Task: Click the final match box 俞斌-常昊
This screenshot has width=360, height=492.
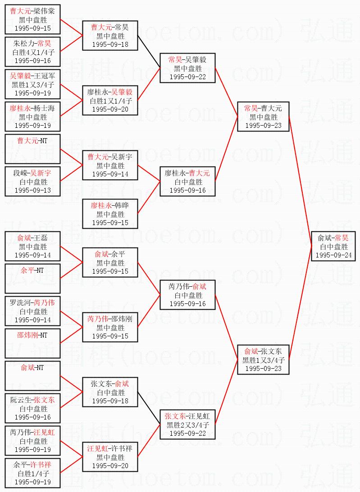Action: coord(333,246)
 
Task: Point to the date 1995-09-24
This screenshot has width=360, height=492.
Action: coord(333,255)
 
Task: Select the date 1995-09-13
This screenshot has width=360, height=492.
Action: coord(33,190)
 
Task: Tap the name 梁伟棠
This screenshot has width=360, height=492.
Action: coord(44,11)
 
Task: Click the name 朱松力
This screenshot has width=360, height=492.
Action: coord(23,44)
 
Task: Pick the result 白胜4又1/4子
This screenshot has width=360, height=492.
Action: coord(33,52)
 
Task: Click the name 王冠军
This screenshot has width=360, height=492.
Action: coord(44,76)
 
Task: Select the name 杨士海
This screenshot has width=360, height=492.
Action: coord(44,108)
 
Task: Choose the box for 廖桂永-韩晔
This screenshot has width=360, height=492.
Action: coord(110,214)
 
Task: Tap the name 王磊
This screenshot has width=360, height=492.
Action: coord(41,238)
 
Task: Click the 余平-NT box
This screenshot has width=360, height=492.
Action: coord(33,279)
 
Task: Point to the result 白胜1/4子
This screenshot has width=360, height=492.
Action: coord(33,474)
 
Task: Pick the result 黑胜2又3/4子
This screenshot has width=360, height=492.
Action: coord(188,424)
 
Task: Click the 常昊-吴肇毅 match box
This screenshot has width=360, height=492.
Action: coord(188,68)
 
